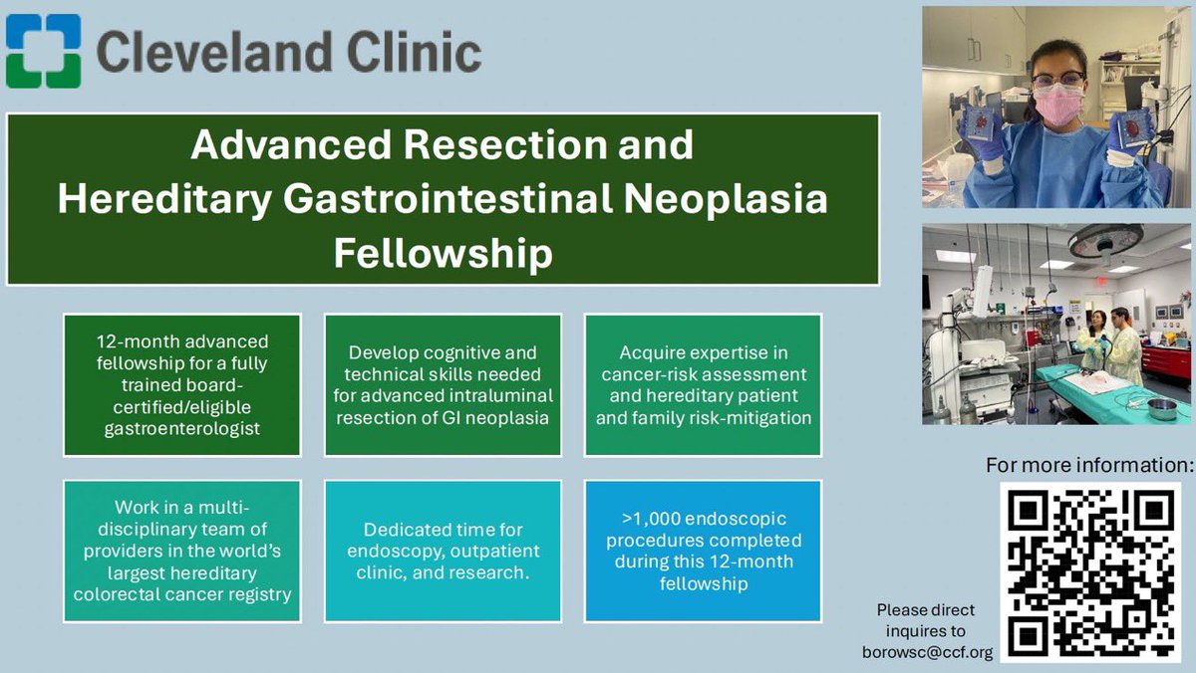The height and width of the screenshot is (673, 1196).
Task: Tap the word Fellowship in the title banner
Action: (x=443, y=253)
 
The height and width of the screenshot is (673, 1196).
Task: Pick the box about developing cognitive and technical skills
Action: (x=443, y=385)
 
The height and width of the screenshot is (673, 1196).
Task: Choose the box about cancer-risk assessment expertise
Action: (x=703, y=385)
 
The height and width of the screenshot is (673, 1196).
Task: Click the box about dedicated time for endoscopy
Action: (x=443, y=552)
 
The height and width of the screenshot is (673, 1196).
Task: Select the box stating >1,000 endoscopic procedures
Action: (x=703, y=552)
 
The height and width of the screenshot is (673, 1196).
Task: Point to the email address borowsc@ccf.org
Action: (x=927, y=652)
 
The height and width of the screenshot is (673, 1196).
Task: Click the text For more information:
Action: (x=1088, y=464)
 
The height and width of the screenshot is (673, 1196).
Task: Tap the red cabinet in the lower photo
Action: (x=1167, y=359)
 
